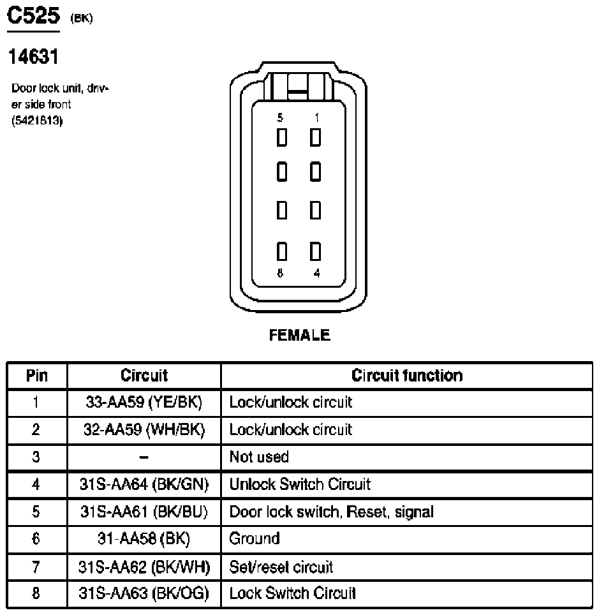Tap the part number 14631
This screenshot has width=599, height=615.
click(x=33, y=57)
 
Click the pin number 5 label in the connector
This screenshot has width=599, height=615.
click(x=280, y=118)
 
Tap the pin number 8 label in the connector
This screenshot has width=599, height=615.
click(x=280, y=274)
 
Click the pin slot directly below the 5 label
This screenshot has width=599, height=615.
click(x=280, y=137)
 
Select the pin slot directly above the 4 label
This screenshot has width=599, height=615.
click(x=315, y=253)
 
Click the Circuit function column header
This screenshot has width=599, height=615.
click(x=406, y=375)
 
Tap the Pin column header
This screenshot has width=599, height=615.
click(x=36, y=375)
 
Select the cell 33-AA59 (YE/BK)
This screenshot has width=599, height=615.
click(x=144, y=403)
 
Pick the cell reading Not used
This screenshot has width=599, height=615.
click(x=259, y=457)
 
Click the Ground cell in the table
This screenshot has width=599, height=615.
click(x=255, y=538)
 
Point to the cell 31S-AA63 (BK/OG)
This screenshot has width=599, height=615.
click(x=144, y=593)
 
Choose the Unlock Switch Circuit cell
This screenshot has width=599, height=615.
click(x=299, y=484)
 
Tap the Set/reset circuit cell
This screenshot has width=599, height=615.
click(x=281, y=566)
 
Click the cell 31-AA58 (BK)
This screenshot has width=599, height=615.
click(x=144, y=538)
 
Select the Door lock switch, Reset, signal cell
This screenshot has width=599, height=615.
click(x=331, y=512)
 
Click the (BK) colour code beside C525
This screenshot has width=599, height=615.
click(x=82, y=18)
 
